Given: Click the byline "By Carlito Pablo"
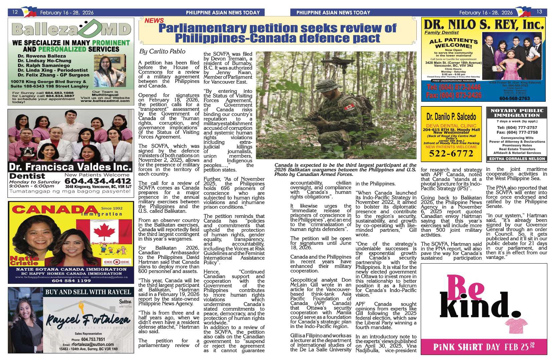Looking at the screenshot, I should (162, 51).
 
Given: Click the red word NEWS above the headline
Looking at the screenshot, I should (154, 21).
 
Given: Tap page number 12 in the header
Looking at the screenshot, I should (15, 12).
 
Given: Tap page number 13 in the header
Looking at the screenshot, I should (539, 12).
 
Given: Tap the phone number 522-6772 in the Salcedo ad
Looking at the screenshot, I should (451, 154).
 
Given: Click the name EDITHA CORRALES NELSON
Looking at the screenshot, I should (517, 159).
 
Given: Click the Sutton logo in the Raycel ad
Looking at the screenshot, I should (125, 302).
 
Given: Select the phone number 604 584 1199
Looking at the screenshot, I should (71, 281).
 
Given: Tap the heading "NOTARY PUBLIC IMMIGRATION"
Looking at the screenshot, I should (517, 113).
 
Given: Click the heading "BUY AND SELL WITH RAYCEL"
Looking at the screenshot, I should (88, 292).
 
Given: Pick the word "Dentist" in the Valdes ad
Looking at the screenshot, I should (27, 176).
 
